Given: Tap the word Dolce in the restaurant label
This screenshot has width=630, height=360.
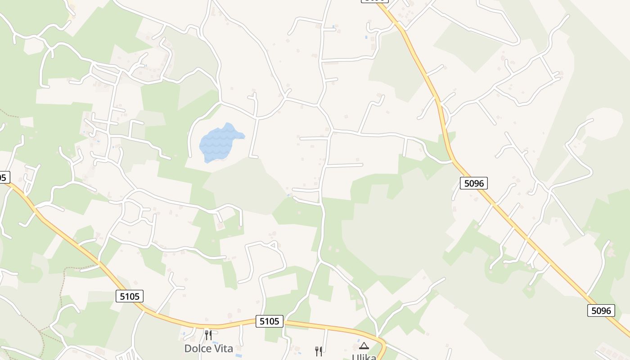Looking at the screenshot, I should tap(195, 349).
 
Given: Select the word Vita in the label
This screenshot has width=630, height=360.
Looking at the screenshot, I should tap(224, 349).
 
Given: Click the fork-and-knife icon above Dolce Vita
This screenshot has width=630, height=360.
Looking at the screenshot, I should tap(208, 335).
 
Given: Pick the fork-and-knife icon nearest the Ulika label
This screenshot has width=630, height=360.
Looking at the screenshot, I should tap(318, 351).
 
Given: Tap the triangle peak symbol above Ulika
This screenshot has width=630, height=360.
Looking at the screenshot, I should tap(364, 346).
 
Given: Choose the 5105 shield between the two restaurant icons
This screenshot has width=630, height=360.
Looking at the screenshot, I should tap(270, 321).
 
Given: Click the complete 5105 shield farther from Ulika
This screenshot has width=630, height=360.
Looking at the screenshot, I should tap(130, 296).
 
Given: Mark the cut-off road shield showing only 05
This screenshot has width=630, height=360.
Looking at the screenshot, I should tap(2, 177).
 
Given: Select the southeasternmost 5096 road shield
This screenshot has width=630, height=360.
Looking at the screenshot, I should tap(601, 310).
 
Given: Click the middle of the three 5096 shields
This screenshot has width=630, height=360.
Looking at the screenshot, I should tap(473, 183).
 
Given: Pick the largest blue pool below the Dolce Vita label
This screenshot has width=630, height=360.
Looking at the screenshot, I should tap(238, 355).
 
